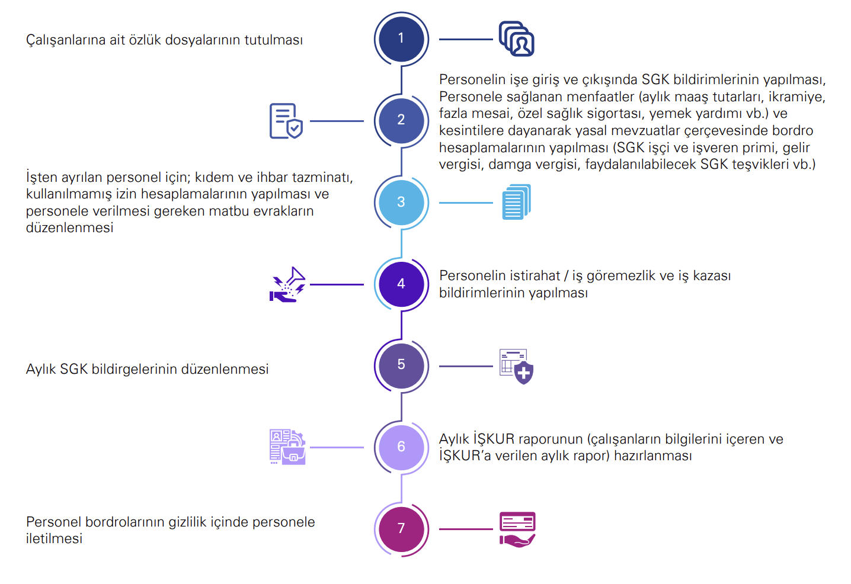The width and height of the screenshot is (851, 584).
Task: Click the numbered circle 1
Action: click(x=401, y=38)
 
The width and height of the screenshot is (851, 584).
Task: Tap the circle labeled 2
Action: click(x=401, y=120)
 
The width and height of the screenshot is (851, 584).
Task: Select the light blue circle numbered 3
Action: click(x=401, y=202)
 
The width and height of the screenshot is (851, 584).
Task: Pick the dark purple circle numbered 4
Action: click(x=401, y=284)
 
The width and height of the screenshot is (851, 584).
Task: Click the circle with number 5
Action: click(x=401, y=365)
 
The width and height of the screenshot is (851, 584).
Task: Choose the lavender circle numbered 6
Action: click(x=401, y=447)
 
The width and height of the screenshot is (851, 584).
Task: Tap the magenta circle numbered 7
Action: click(x=401, y=528)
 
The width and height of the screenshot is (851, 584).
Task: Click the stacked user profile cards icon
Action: click(x=517, y=39)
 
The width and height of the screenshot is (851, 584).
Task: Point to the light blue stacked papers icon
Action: click(x=516, y=202)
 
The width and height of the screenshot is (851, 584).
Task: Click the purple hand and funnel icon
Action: click(x=288, y=285)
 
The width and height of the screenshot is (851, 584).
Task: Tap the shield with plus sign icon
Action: click(x=517, y=367)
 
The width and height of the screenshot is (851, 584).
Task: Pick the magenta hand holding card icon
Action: click(x=517, y=529)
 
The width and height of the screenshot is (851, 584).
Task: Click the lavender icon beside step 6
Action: click(x=287, y=447)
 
